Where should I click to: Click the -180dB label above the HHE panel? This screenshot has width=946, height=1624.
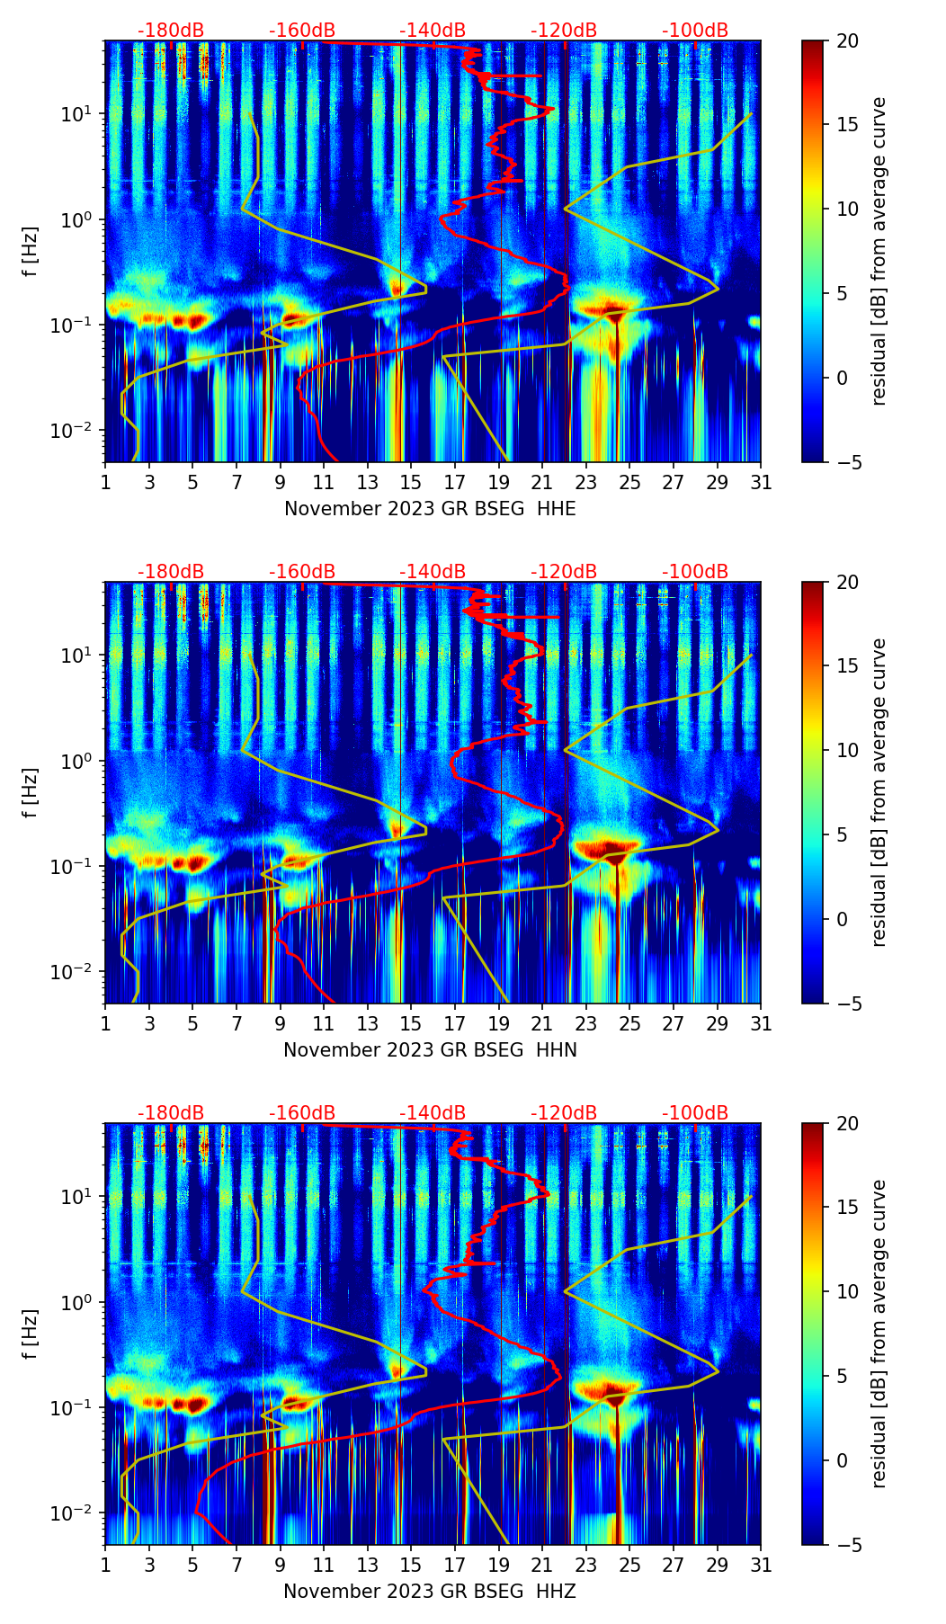[x=171, y=31]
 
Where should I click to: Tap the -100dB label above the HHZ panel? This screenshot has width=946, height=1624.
[x=695, y=1113]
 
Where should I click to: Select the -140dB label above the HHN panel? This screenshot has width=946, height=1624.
[x=433, y=572]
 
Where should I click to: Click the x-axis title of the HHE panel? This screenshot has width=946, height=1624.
[x=430, y=509]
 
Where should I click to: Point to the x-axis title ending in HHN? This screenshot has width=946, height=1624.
[x=430, y=1050]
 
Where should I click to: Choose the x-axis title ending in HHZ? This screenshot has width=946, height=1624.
[x=429, y=1592]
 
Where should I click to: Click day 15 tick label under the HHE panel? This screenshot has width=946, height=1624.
[x=410, y=482]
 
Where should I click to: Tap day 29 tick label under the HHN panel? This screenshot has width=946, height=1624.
[x=718, y=1023]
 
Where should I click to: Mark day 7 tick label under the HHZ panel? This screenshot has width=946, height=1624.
[x=236, y=1565]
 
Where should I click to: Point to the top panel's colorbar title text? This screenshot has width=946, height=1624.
[x=879, y=251]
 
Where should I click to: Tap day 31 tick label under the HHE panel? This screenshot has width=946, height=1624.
[x=761, y=482]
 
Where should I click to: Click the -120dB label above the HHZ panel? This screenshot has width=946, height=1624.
[x=564, y=1113]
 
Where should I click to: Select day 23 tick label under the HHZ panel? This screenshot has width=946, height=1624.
[x=586, y=1565]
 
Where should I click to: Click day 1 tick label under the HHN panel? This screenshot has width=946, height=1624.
[x=106, y=1023]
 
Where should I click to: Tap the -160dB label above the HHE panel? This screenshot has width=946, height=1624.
[x=302, y=31]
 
